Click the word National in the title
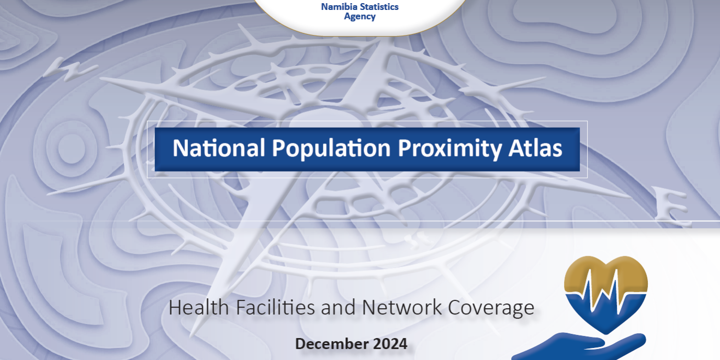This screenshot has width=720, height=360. [x=219, y=149]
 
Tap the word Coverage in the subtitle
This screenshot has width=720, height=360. [x=491, y=308]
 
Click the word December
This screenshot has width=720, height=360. [x=331, y=344]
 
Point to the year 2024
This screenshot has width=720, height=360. [x=390, y=344]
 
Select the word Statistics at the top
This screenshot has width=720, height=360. [x=379, y=7]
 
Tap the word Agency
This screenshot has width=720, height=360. [x=359, y=17]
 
